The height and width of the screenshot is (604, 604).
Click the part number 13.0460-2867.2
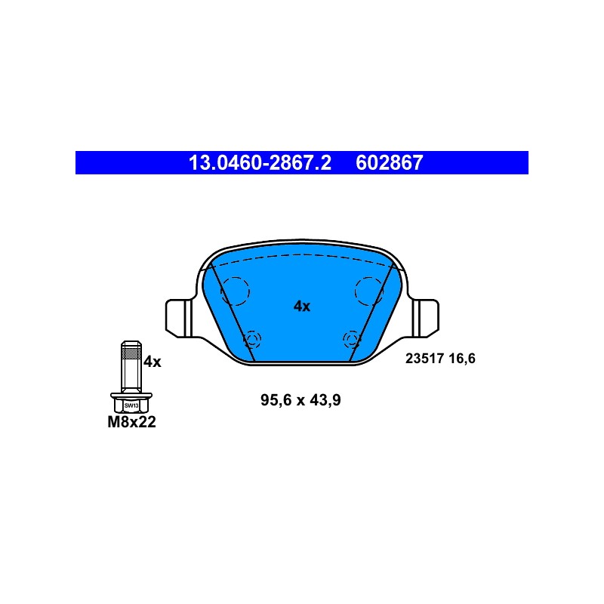click(x=260, y=162)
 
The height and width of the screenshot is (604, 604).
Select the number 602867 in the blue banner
click(x=389, y=162)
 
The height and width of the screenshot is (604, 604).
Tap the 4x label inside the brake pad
click(x=301, y=307)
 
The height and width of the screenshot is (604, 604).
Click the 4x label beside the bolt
click(x=153, y=362)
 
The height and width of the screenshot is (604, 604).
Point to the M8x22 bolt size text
click(x=131, y=422)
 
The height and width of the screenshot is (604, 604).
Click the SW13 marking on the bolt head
click(x=131, y=405)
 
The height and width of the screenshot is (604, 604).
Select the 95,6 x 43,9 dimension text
click(x=300, y=400)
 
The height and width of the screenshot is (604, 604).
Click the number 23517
click(x=424, y=359)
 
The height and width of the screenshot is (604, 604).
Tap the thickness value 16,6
click(x=462, y=359)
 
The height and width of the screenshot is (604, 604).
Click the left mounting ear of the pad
click(x=178, y=318)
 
